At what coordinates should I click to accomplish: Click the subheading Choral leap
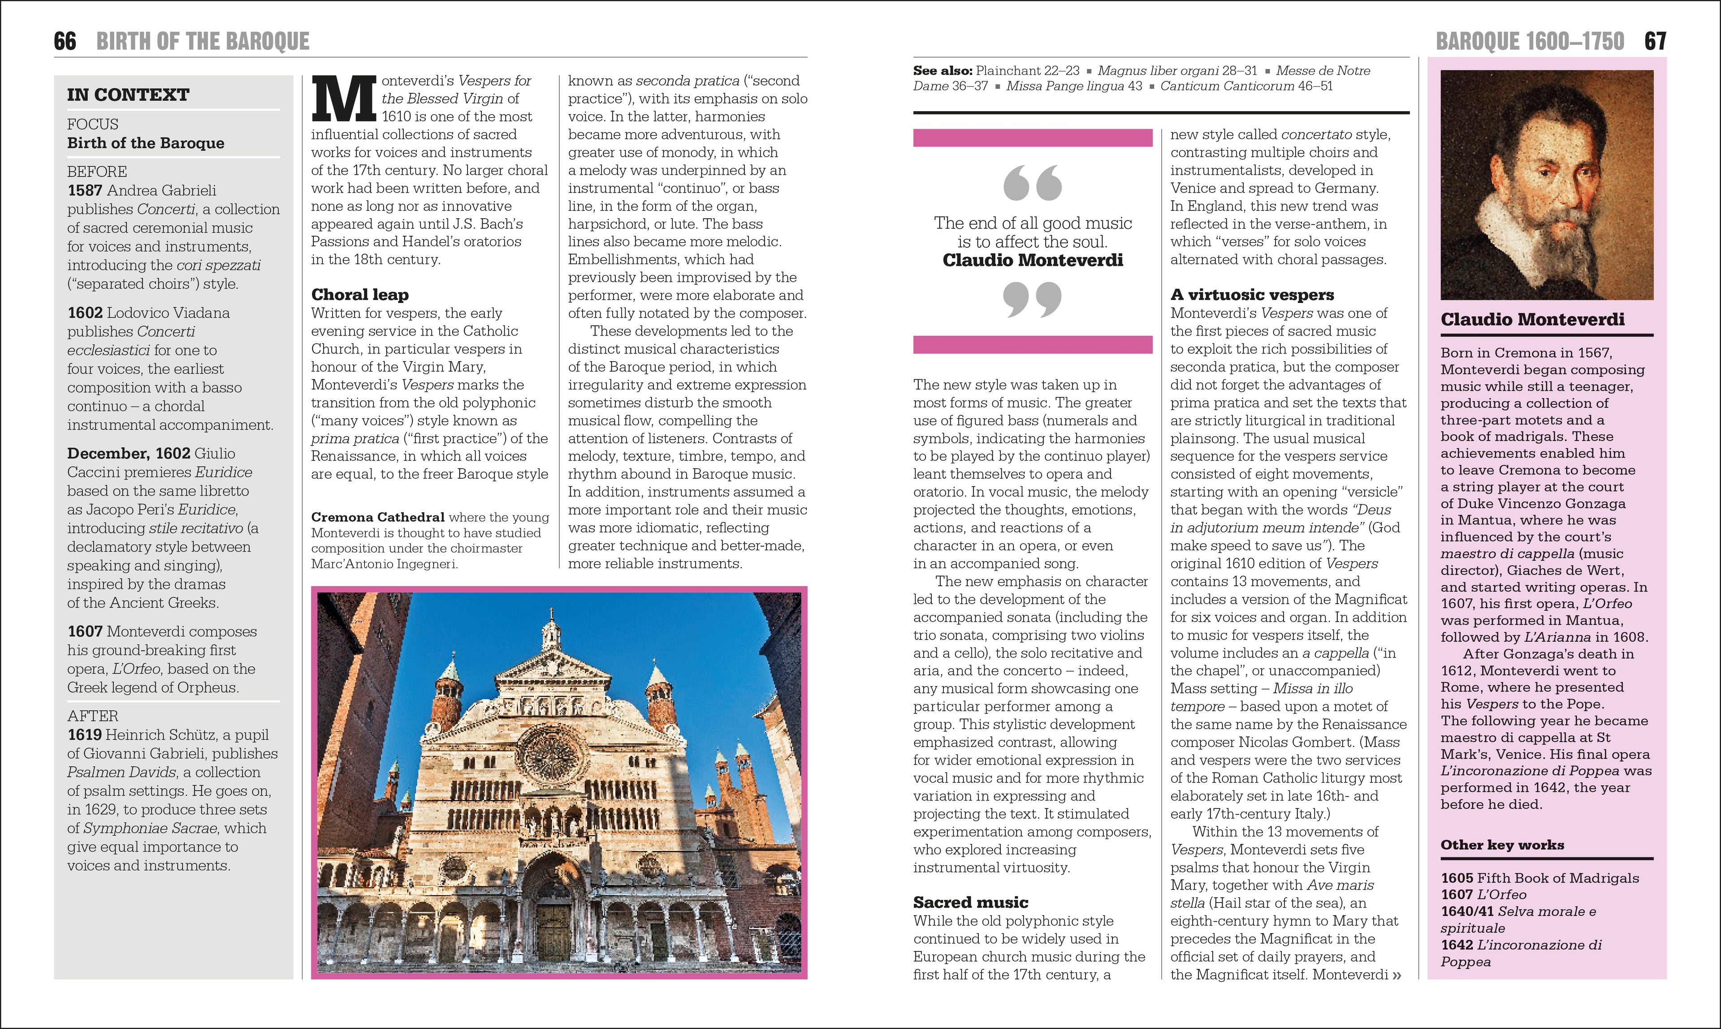[360, 295]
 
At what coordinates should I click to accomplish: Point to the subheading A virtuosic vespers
[1252, 295]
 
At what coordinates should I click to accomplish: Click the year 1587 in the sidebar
[85, 190]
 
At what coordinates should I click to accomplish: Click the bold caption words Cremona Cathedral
[378, 517]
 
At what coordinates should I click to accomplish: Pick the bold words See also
[943, 71]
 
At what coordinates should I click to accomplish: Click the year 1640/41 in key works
[1468, 911]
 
